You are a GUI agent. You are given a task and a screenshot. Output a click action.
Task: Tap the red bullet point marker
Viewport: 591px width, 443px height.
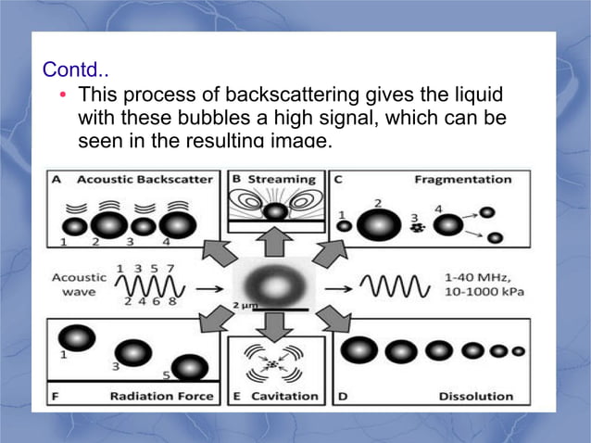tap(62, 95)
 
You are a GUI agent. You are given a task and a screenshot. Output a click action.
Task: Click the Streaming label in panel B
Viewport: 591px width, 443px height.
tap(282, 179)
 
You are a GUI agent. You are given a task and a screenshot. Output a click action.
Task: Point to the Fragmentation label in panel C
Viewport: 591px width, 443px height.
tap(462, 179)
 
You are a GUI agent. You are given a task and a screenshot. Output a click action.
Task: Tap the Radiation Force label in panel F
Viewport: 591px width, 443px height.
tap(162, 396)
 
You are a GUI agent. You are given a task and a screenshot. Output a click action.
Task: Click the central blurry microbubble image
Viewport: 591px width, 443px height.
tap(274, 282)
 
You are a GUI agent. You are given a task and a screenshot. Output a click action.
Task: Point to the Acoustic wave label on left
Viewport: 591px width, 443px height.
tap(79, 285)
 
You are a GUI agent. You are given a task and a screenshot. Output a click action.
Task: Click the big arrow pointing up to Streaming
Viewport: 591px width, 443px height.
tap(274, 242)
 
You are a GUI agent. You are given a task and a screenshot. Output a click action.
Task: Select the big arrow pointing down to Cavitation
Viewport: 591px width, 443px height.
tap(274, 324)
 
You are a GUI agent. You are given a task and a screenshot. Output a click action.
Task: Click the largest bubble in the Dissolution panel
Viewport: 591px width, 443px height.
tap(359, 350)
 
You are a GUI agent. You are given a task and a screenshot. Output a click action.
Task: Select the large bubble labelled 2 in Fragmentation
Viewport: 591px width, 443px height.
tap(378, 225)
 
